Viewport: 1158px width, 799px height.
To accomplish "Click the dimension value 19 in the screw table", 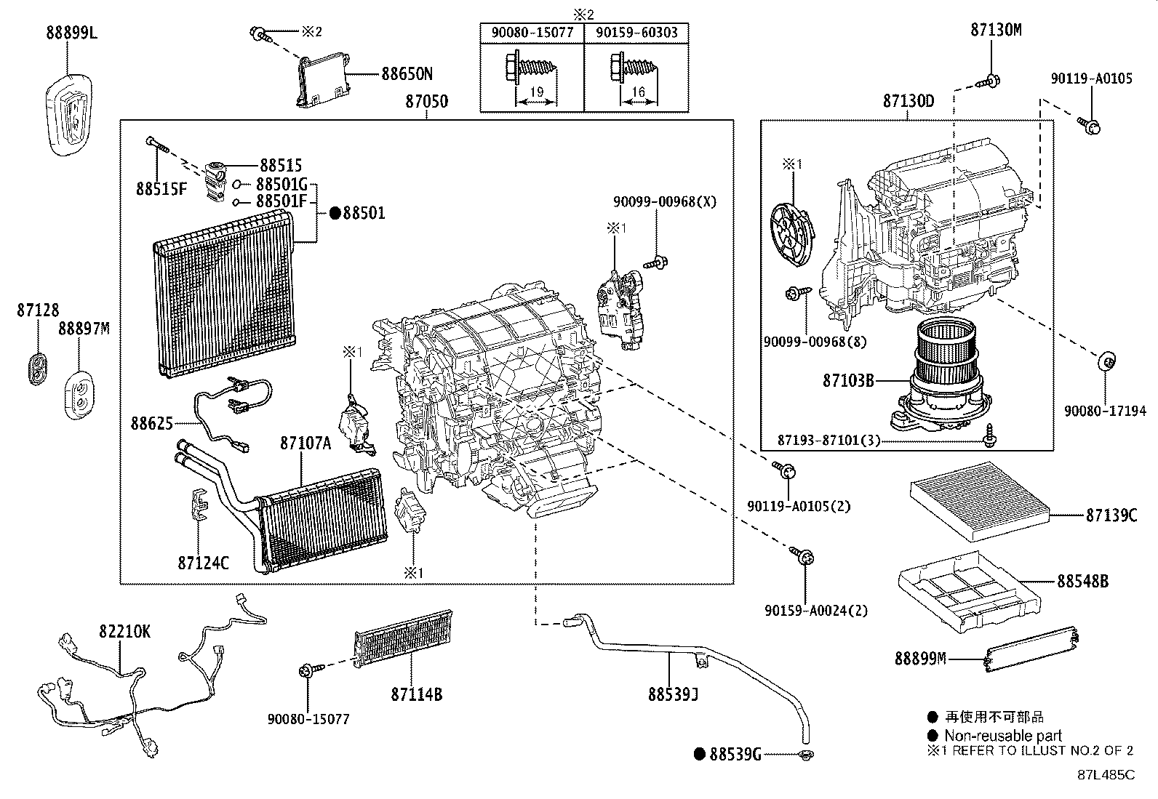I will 536,92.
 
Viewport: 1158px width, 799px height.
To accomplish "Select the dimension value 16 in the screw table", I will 638,92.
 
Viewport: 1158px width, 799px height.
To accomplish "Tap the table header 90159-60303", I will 636,33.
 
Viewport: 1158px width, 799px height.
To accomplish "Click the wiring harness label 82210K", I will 124,632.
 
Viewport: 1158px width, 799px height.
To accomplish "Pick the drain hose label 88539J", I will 674,694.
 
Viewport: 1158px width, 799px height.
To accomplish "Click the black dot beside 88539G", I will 699,755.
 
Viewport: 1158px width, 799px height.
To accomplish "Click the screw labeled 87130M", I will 992,81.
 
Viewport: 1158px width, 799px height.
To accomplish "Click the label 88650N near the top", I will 407,74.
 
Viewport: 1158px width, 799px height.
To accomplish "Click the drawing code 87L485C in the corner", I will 1106,774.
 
